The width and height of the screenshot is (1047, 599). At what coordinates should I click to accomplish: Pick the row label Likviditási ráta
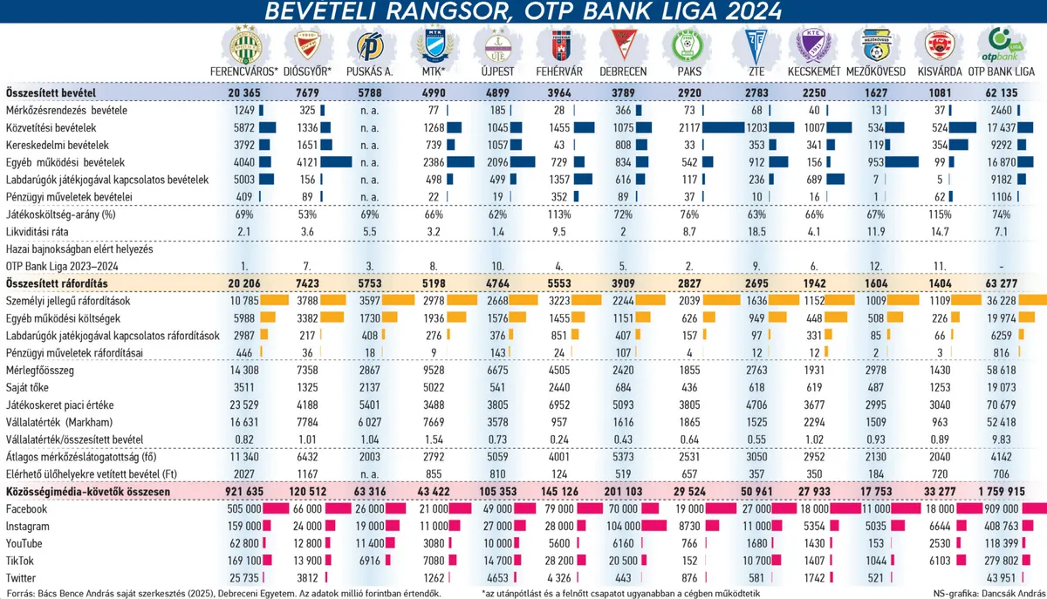pos(39,232)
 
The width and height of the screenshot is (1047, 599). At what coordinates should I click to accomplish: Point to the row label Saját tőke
pos(30,386)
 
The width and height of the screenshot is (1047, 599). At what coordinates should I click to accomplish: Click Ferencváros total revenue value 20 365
pos(244,92)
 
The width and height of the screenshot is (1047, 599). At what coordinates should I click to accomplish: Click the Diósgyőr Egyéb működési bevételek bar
pos(336,162)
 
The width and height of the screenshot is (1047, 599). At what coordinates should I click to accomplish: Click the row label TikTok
pos(21,561)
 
